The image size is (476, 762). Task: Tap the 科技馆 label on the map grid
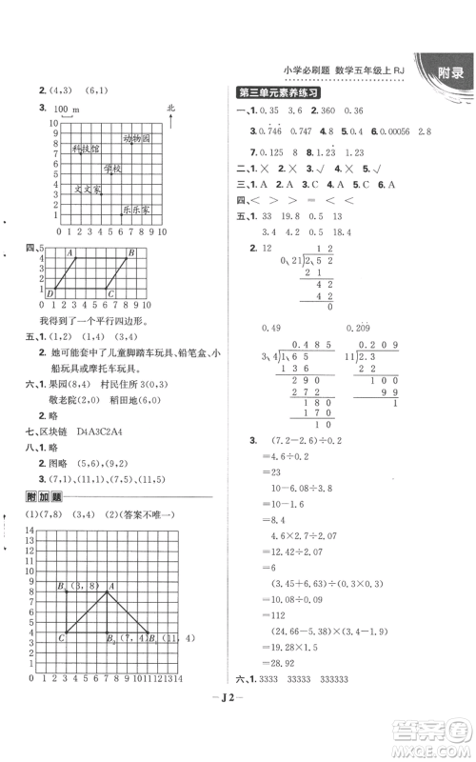click(86, 150)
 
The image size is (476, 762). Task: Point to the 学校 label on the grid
click(114, 169)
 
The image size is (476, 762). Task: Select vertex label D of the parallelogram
click(50, 294)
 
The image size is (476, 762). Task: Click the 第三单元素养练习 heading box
click(278, 92)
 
